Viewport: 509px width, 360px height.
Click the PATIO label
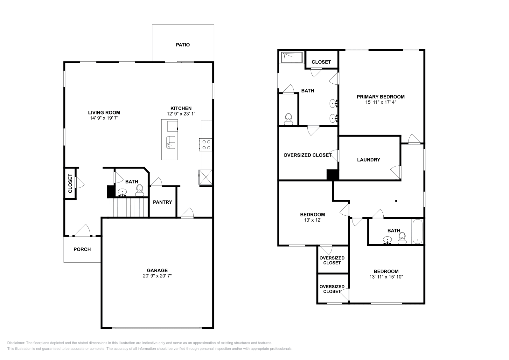tap(183, 45)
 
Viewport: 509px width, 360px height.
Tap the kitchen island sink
tap(171, 142)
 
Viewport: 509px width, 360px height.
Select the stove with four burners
tap(206, 145)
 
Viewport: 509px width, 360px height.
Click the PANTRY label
tap(162, 202)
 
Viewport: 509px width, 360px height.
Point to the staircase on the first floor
tap(129, 207)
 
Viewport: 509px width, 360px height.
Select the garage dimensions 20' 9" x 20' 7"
tap(157, 276)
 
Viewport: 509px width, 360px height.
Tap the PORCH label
tap(82, 249)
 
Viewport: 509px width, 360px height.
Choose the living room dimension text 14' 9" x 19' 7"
tap(104, 118)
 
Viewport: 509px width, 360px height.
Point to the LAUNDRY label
tap(368, 160)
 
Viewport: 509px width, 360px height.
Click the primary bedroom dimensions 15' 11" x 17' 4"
tap(380, 102)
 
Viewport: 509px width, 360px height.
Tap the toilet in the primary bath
tap(289, 119)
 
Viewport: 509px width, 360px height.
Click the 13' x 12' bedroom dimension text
tap(312, 220)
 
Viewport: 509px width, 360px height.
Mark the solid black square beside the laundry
tap(332, 175)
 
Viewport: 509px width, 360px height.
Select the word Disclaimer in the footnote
tap(16, 343)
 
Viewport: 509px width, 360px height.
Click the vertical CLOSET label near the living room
tap(70, 183)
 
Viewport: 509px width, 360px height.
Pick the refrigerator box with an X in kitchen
tap(205, 177)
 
